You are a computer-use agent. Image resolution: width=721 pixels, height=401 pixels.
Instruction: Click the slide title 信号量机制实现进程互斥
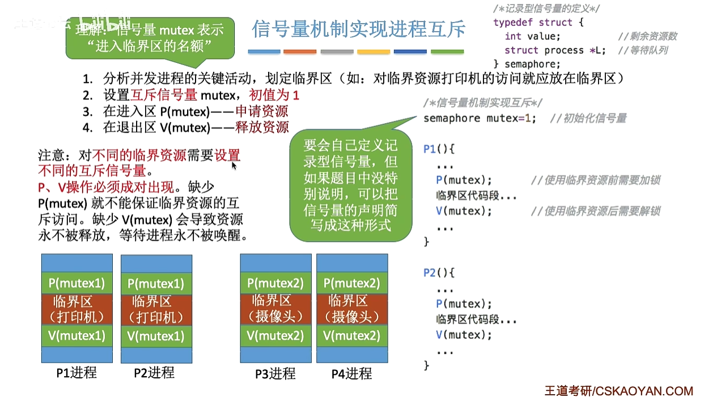(359, 29)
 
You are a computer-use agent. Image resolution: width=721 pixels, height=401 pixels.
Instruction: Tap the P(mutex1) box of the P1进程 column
(77, 283)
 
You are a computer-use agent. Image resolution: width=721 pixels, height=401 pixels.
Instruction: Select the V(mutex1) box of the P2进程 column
(156, 336)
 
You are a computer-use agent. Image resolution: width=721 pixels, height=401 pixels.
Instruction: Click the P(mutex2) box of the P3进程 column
(275, 283)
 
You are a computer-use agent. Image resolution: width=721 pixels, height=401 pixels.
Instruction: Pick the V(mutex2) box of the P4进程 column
(351, 335)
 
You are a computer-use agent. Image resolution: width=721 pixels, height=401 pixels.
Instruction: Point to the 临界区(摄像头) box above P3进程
(275, 309)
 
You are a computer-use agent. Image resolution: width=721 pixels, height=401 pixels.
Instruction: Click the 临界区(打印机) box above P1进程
(77, 309)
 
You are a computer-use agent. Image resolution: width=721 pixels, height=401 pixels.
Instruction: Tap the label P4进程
(351, 373)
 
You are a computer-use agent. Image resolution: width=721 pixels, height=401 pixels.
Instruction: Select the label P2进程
(154, 373)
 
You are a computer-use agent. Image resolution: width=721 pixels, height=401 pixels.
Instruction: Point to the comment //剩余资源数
(647, 36)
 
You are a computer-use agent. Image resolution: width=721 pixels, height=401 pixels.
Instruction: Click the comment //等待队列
(643, 50)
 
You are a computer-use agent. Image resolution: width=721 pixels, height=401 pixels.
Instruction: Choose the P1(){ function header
(439, 150)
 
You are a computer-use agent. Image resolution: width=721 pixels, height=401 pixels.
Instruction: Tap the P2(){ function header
(439, 272)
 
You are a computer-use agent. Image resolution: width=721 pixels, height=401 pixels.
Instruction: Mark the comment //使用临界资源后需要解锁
(595, 211)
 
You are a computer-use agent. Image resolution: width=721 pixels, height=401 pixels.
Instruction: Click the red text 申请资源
(262, 112)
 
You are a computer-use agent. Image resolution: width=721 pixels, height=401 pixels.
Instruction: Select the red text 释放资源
(262, 127)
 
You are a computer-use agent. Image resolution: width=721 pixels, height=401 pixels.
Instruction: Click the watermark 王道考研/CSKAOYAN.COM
(618, 391)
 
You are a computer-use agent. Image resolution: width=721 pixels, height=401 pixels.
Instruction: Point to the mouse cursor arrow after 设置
(234, 164)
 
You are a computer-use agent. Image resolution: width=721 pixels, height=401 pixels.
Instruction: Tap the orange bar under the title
(300, 52)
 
